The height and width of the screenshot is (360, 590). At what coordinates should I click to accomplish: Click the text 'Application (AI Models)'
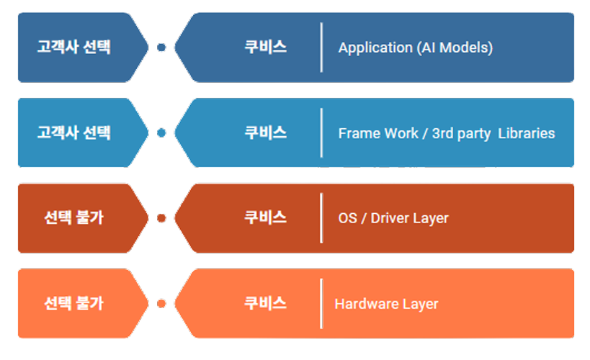coord(416,48)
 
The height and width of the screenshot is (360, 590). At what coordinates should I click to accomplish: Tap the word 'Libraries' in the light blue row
coord(527,133)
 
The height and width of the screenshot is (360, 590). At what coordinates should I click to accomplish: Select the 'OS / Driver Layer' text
coord(393,219)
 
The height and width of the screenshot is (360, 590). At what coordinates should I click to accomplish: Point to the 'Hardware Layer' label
coord(386,304)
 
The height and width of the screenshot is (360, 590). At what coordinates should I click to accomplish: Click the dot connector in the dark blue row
coord(161,48)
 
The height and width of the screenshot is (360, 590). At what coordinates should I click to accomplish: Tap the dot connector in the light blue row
coord(161,132)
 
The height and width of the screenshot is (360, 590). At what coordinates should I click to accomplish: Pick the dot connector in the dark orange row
coord(161,218)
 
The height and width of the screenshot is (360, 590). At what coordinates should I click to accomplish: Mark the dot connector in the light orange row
coord(161,304)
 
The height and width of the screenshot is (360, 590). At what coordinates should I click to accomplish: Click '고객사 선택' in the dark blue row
coord(73,47)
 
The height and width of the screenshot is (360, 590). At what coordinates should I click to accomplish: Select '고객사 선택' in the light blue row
coord(73,132)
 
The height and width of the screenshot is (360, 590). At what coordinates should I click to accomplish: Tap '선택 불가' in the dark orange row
coord(73,217)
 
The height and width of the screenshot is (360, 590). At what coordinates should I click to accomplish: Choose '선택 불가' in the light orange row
coord(73,303)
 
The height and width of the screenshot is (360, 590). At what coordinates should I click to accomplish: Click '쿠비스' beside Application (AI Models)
coord(265,47)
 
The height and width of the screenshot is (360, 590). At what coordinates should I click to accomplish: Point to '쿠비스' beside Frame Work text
coord(265,132)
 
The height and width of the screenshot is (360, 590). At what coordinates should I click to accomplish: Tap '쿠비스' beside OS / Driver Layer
coord(265,217)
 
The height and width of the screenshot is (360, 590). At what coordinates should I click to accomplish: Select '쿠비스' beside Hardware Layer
coord(265,303)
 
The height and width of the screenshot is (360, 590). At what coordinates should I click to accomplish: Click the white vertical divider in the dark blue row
coord(321,48)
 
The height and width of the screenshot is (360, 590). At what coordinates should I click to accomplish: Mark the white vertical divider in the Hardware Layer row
coord(321,304)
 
